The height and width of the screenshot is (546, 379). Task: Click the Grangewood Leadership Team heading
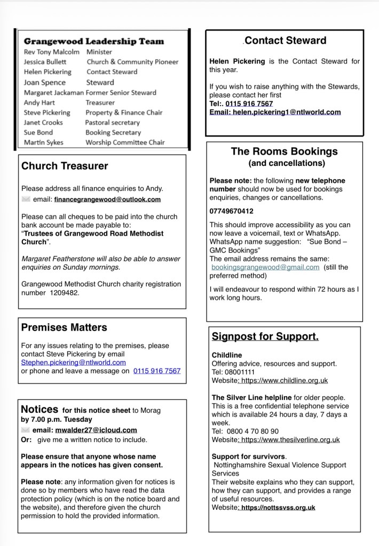(x=94, y=41)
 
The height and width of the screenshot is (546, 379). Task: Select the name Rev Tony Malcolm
(x=52, y=52)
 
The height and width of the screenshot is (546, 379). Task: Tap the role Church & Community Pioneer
(x=132, y=62)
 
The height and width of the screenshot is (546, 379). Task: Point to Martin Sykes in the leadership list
(x=44, y=142)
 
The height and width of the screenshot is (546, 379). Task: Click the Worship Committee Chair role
(x=125, y=142)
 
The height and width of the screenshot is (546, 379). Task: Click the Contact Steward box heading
(x=285, y=41)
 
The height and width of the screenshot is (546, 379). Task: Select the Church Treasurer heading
(x=65, y=166)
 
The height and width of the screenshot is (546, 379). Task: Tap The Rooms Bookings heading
(x=284, y=151)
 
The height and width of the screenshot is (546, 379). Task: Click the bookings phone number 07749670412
(x=231, y=211)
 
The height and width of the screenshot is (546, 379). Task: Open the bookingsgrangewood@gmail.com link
(x=265, y=267)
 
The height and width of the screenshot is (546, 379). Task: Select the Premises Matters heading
(x=64, y=327)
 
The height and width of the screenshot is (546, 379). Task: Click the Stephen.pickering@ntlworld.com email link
(x=73, y=362)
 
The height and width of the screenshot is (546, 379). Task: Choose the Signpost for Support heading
(x=265, y=336)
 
